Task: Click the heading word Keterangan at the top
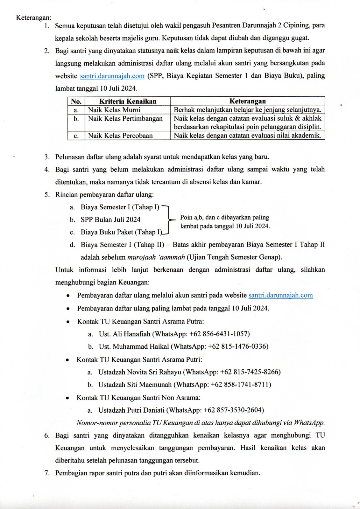(33, 18)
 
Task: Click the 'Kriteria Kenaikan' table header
(128, 101)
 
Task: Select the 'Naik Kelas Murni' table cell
(114, 110)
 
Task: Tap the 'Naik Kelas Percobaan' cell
(120, 136)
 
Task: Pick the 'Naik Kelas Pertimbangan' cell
(125, 119)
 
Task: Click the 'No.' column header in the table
(76, 101)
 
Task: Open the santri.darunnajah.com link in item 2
(112, 76)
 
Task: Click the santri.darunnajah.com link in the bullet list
(280, 295)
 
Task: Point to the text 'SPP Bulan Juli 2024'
(110, 220)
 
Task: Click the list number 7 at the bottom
(47, 473)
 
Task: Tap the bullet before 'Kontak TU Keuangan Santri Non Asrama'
(67, 398)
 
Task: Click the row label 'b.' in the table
(76, 119)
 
